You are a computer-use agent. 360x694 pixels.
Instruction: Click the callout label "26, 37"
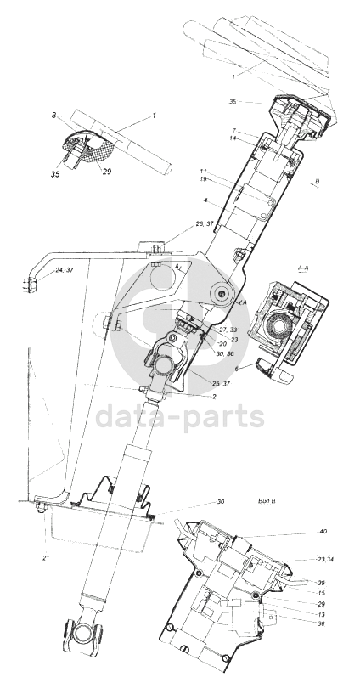point(205,224)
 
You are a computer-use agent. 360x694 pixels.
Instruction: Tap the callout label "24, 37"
point(65,270)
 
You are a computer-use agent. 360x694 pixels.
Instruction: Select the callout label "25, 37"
point(221,383)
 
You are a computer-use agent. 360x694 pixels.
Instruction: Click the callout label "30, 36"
point(225,353)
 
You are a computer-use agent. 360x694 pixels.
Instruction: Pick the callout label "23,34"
point(325,560)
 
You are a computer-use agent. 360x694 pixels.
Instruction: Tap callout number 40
point(323,532)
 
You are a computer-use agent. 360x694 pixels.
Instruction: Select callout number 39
point(321,583)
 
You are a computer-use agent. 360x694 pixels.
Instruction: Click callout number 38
point(321,623)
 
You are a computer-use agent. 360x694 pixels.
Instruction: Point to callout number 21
point(46,559)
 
